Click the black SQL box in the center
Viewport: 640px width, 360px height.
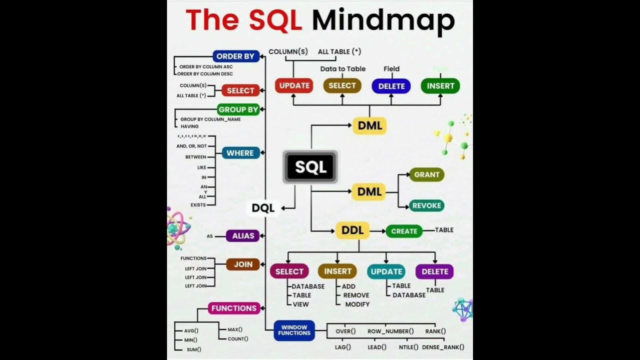coord(310,166)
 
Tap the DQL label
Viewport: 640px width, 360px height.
coord(263,208)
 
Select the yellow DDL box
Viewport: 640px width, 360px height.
coord(352,230)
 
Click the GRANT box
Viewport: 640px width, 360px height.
coord(426,174)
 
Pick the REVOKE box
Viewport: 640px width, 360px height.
coord(426,205)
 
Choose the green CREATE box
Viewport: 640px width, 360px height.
coord(404,231)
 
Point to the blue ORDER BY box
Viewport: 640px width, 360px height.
coord(235,56)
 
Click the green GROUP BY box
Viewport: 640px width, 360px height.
coord(238,109)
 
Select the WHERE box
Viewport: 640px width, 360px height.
coord(240,153)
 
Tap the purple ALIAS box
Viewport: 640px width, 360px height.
coord(243,235)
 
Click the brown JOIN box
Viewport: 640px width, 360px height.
coord(243,264)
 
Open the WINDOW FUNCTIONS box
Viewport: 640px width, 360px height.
coord(294,330)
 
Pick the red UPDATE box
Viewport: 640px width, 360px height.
coord(294,85)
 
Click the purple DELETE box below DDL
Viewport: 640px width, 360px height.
coord(434,271)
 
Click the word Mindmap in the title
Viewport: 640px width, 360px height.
coord(383,21)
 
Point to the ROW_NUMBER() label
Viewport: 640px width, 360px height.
coord(390,331)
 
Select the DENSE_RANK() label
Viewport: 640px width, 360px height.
coord(443,347)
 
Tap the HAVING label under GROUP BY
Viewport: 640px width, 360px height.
coord(189,126)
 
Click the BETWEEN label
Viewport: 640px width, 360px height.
coord(195,157)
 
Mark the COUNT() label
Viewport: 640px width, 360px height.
coord(237,339)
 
